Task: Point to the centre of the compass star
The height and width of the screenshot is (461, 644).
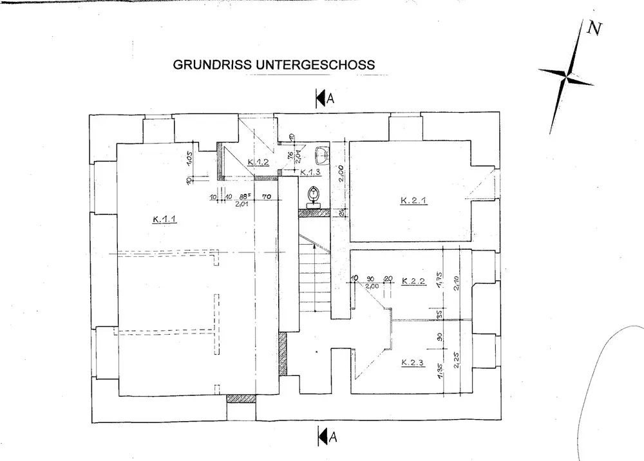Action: tap(567, 77)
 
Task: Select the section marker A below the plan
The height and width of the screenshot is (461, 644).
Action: tap(326, 437)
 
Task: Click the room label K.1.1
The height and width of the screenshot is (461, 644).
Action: tap(165, 219)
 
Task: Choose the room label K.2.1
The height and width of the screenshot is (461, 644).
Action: tap(413, 200)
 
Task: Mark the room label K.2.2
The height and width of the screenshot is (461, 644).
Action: tap(413, 281)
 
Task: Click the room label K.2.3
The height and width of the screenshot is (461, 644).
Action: tap(412, 362)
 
